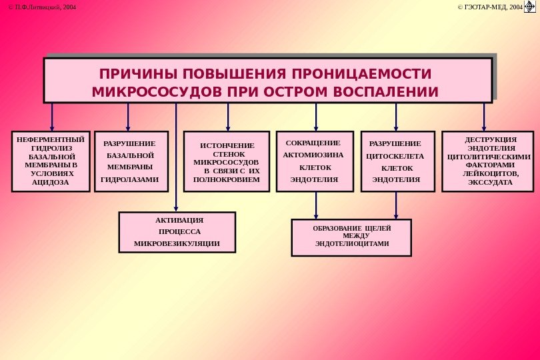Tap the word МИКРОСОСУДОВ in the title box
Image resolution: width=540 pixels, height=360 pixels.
[x=139, y=91]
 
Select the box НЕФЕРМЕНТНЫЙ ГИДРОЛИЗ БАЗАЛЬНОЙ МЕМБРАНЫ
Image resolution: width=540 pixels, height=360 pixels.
[x=51, y=161]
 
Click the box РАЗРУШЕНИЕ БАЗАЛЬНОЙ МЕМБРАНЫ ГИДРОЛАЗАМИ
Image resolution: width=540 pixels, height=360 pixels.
[x=131, y=161]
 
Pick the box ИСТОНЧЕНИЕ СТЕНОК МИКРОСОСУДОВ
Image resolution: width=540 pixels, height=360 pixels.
[x=227, y=162]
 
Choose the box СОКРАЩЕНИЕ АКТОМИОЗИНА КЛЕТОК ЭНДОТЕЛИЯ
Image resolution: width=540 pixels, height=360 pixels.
[x=314, y=161]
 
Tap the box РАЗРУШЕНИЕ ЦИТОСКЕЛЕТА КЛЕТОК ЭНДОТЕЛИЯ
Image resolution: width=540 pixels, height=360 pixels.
[x=397, y=161]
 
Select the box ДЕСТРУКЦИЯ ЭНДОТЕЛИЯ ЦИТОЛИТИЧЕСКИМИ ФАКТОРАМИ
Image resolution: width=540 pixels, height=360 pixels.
[x=489, y=161]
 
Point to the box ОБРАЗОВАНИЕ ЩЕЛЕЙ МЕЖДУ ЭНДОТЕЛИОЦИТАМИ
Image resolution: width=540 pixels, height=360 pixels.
[x=351, y=237]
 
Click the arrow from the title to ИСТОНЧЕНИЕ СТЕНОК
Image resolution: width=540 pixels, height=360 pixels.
[x=228, y=116]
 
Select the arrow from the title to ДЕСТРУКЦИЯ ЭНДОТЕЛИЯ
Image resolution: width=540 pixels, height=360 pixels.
[x=484, y=116]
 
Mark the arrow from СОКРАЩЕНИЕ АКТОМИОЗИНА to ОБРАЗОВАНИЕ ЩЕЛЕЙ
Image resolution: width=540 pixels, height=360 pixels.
[x=316, y=205]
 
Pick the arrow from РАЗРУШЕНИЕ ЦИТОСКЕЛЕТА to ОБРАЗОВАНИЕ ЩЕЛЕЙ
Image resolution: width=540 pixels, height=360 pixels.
[x=396, y=205]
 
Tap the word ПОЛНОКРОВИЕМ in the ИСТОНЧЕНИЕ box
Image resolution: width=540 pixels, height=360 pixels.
[x=227, y=179]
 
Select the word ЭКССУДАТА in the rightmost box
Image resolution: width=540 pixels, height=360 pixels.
[x=490, y=182]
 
